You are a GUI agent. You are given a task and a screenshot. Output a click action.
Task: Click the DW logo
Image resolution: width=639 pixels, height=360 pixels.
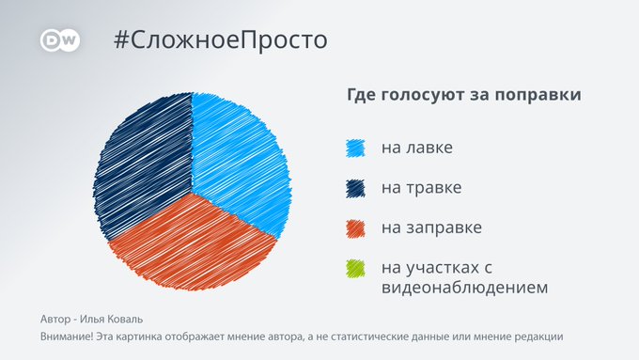pyautogui.click(x=60, y=40)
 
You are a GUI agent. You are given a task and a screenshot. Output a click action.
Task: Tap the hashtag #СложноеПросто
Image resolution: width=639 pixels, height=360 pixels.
pyautogui.click(x=221, y=40)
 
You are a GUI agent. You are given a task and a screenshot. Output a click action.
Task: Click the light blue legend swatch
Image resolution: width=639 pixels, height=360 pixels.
pyautogui.click(x=355, y=149)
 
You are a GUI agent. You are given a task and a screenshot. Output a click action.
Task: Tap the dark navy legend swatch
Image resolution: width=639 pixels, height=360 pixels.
pyautogui.click(x=355, y=188)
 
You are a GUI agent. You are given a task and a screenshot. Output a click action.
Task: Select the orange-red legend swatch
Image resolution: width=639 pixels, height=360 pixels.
pyautogui.click(x=355, y=228)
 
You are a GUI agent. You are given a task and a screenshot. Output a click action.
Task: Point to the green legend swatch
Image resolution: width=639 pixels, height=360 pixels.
pyautogui.click(x=355, y=269)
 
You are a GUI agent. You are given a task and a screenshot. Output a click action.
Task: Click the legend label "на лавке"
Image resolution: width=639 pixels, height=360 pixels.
pyautogui.click(x=417, y=148)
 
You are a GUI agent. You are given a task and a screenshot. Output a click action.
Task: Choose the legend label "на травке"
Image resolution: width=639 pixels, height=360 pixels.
pyautogui.click(x=421, y=188)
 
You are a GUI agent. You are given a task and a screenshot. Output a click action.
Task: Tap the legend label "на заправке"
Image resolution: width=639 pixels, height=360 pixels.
pyautogui.click(x=431, y=227)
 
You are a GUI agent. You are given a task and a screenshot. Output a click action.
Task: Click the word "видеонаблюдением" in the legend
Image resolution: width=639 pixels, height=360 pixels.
pyautogui.click(x=464, y=288)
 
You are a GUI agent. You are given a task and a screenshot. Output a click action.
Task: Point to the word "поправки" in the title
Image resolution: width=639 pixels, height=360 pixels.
pyautogui.click(x=538, y=95)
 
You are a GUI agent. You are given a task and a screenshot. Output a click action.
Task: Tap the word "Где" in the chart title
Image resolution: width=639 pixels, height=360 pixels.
pyautogui.click(x=363, y=95)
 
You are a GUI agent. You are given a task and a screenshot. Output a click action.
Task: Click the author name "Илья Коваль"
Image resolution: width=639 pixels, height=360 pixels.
pyautogui.click(x=111, y=319)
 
